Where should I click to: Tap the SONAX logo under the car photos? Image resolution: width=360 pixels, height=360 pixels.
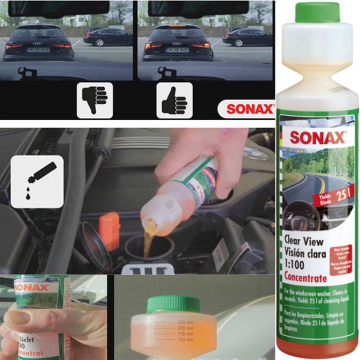tap(246, 109)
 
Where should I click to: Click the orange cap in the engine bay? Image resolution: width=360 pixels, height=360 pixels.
tap(109, 231)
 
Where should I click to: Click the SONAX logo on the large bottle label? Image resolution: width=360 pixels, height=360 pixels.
tap(317, 137)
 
